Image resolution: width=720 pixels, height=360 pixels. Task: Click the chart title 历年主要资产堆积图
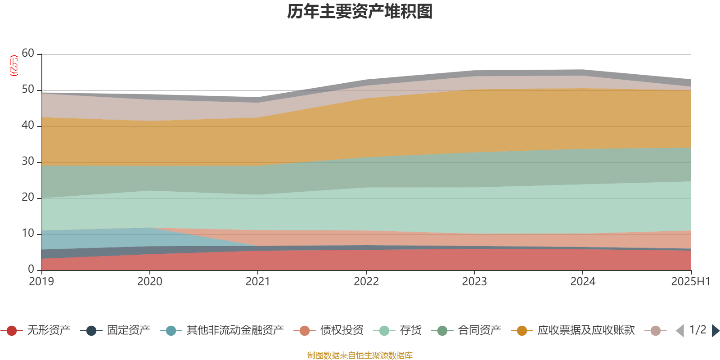360,12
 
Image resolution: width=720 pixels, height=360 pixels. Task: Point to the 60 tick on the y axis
28,53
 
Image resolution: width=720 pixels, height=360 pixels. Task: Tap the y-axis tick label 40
28,125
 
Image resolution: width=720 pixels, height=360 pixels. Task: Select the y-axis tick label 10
28,233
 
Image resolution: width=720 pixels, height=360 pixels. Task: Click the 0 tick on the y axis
31,269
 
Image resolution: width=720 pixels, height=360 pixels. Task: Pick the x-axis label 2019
41,282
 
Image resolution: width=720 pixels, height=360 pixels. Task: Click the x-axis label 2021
257,282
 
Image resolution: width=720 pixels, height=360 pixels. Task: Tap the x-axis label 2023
474,282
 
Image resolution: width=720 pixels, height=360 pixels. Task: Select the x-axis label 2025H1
690,282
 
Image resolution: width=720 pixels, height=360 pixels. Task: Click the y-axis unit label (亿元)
14,66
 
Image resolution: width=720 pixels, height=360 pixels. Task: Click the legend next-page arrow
715,331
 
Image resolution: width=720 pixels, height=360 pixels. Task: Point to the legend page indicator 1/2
697,330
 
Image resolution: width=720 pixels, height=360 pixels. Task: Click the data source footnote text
360,355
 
